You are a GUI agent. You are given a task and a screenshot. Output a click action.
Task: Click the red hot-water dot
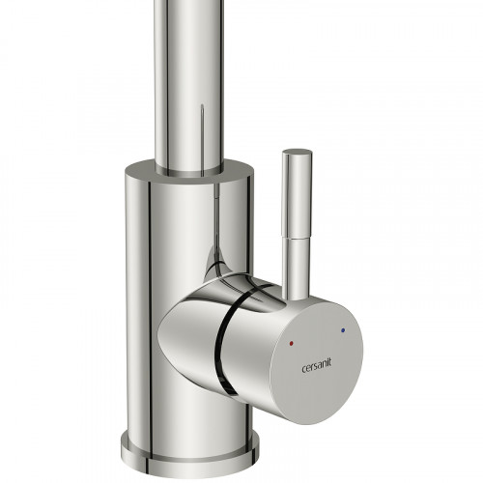pos(292,344)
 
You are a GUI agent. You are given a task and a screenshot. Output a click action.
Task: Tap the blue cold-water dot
pos(342,330)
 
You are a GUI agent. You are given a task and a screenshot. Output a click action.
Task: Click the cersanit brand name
pos(316,367)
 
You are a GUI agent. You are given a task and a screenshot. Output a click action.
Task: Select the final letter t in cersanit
pos(329,363)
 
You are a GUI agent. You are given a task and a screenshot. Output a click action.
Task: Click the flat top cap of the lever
pos(297,153)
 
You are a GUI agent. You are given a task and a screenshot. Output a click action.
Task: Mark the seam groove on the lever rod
pos(297,238)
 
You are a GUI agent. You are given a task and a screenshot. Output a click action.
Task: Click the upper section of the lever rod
pos(297,195)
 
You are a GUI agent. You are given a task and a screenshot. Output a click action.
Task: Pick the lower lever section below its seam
pos(297,268)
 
